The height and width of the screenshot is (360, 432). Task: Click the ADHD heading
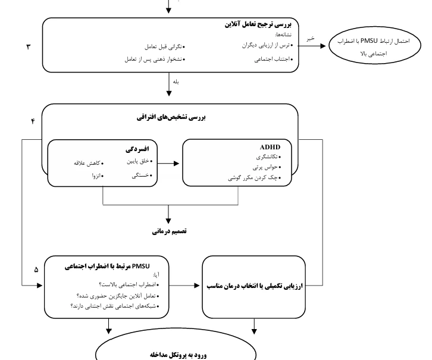tap(270, 147)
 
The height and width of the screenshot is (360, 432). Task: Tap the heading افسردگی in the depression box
tap(137, 149)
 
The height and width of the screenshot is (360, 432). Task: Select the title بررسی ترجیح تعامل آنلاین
tap(258, 24)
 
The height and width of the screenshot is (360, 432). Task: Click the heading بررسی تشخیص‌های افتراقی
tap(171, 117)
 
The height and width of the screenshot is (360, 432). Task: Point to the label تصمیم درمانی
tap(169, 231)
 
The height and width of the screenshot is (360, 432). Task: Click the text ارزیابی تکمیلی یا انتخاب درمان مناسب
tap(255, 286)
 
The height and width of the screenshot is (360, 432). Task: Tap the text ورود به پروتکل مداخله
tap(179, 355)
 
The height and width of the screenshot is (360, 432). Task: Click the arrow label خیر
tap(311, 39)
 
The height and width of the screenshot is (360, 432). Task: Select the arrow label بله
tap(176, 82)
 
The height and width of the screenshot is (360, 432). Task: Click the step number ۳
tap(29, 46)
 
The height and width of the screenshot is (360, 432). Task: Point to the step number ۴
tap(33, 121)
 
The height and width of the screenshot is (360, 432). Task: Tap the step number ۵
tap(36, 270)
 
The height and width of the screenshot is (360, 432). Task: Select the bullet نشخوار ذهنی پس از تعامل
tap(155, 60)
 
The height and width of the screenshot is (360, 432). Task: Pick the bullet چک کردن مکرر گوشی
tap(255, 178)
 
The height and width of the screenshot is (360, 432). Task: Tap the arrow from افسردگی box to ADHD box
tap(168, 163)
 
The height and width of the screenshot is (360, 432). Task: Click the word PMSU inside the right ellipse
tap(369, 41)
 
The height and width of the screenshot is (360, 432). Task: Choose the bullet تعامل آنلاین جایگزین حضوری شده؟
tap(118, 296)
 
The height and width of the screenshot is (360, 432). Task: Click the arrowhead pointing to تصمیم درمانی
tap(168, 221)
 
